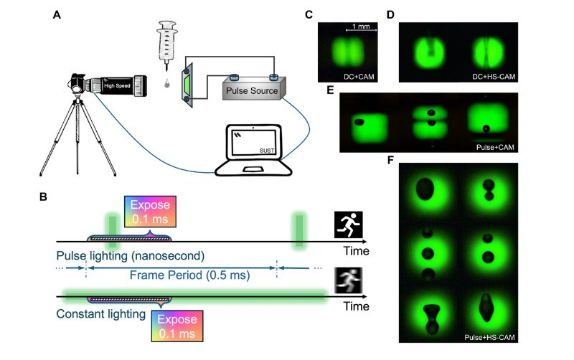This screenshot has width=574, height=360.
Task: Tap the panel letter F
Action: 391,160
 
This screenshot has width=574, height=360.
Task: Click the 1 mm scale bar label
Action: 360,26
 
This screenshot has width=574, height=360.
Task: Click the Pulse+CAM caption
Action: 496,147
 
